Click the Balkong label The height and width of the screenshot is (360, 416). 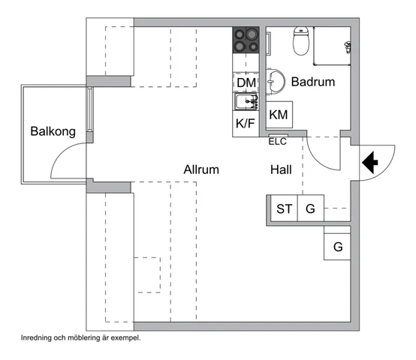point(53,131)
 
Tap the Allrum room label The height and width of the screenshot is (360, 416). point(201,169)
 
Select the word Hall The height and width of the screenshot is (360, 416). point(281,169)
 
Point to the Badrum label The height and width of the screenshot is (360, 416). point(313,82)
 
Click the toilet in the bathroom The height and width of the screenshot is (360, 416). point(301,40)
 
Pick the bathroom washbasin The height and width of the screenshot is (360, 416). point(275,81)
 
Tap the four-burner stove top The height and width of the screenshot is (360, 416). point(246,40)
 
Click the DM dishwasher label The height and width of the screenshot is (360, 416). point(246,82)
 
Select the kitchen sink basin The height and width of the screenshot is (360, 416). point(243,102)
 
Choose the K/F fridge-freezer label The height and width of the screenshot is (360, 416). point(246,124)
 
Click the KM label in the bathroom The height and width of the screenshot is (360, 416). point(279,115)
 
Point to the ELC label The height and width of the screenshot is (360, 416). point(278,142)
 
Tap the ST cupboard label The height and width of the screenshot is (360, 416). point(285,208)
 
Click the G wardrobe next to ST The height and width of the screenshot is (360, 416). point(310,208)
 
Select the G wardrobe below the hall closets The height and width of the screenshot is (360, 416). point(338,247)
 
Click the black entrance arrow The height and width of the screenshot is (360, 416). point(370,163)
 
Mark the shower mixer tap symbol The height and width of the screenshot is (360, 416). point(348,47)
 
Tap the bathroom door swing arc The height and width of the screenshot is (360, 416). point(319,157)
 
